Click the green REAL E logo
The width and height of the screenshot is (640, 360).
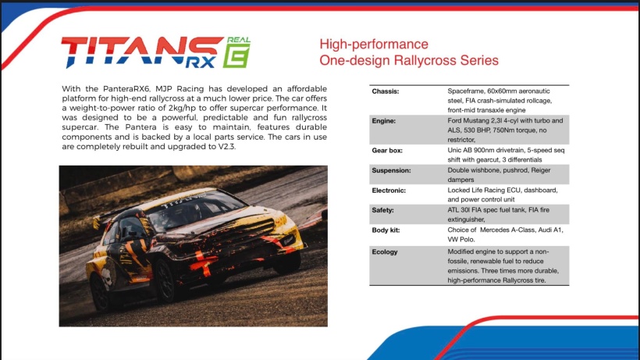click(x=236, y=52)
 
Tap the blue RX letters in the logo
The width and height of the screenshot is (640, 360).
click(x=200, y=62)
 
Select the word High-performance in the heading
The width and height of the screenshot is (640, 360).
click(x=374, y=44)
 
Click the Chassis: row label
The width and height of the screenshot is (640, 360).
click(x=386, y=91)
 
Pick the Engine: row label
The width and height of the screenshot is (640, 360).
click(x=384, y=121)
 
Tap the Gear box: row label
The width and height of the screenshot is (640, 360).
click(x=387, y=151)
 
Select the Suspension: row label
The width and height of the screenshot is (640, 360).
click(x=391, y=170)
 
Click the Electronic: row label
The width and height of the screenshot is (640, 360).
click(x=389, y=191)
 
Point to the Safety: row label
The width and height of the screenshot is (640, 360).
click(x=382, y=210)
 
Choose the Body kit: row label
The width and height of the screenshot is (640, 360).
click(x=386, y=230)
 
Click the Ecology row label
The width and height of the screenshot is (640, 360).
click(x=385, y=252)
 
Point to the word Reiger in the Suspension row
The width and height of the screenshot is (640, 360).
click(x=540, y=170)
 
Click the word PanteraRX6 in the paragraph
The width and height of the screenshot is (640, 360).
click(x=126, y=88)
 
